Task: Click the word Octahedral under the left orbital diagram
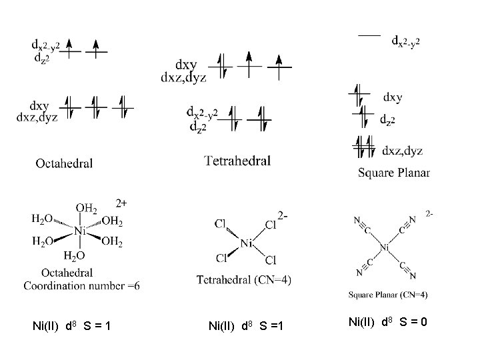coord(64,162)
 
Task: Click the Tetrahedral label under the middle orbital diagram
coord(237,160)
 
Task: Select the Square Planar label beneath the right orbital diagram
coord(394,173)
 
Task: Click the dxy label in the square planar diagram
coord(393,97)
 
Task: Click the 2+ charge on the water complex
coord(121,201)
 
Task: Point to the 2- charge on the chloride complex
coord(283,215)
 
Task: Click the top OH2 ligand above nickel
coord(85,208)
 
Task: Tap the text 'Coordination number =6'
coord(82,285)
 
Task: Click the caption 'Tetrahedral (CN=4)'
coord(244,279)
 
